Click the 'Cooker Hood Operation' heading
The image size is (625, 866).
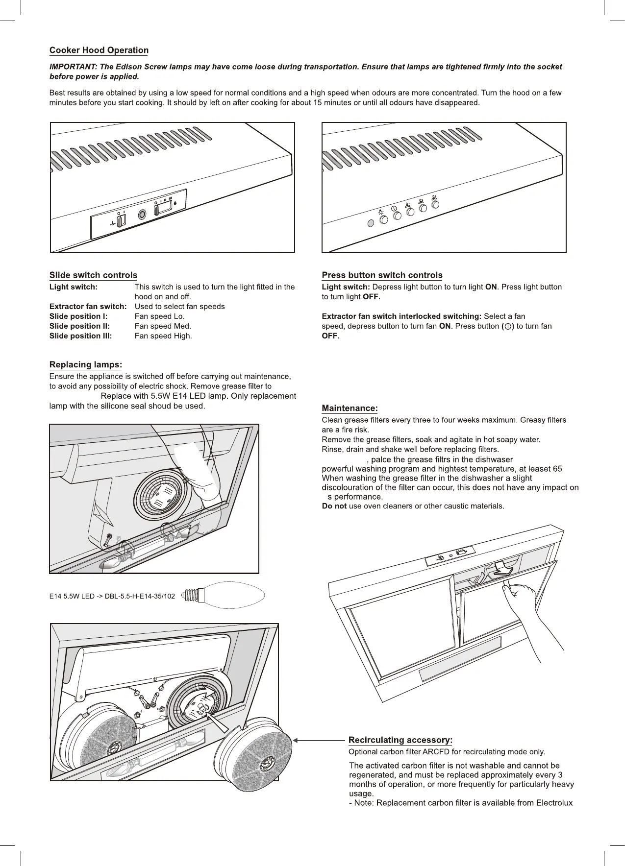pyautogui.click(x=99, y=50)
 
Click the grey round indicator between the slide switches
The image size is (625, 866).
pyautogui.click(x=143, y=215)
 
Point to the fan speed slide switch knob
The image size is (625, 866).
pyautogui.click(x=157, y=211)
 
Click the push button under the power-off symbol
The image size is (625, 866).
pyautogui.click(x=397, y=216)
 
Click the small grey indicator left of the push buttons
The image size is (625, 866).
pyautogui.click(x=371, y=223)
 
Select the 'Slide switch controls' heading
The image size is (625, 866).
pyautogui.click(x=93, y=275)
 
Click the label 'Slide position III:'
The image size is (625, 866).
pyautogui.click(x=80, y=336)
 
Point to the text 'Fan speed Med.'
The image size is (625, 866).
pyautogui.click(x=163, y=326)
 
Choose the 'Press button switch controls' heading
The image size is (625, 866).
pyautogui.click(x=382, y=275)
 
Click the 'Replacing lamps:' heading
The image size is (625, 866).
pyautogui.click(x=85, y=365)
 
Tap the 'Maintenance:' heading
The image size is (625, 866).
pyautogui.click(x=350, y=409)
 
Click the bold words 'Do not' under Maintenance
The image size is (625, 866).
pyautogui.click(x=334, y=506)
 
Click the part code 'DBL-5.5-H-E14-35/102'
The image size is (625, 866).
pyautogui.click(x=140, y=597)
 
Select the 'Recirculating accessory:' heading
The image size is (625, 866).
pyautogui.click(x=400, y=740)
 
